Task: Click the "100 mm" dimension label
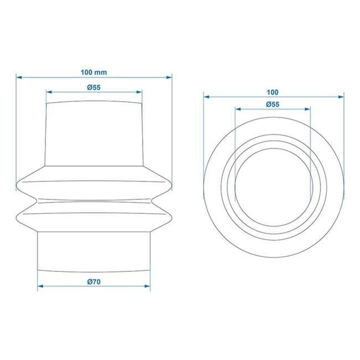click(x=94, y=72)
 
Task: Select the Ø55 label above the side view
click(x=94, y=87)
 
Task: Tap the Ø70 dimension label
click(x=94, y=281)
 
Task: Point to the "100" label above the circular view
click(x=272, y=92)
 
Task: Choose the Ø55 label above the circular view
click(x=272, y=104)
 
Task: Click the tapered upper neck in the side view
click(x=94, y=133)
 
